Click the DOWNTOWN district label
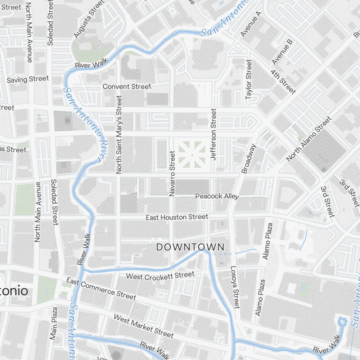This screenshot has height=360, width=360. pos(190,247)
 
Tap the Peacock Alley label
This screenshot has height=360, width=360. pos(217,196)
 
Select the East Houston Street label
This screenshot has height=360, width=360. pos(177,217)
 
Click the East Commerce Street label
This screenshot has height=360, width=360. pos(101,289)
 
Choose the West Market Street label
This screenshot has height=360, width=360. pos(143,326)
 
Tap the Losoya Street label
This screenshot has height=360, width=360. pos(235,287)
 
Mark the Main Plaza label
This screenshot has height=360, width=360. pos(54,323)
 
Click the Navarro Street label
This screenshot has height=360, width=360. pos(172,174)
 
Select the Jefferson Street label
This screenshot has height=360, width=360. pos(214,135)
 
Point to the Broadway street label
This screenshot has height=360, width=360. pos(249,159)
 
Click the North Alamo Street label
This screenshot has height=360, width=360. pos(309,139)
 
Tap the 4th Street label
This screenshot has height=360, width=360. pos(283,82)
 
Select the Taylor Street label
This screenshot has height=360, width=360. pos(248,80)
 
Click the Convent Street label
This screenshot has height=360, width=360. pos(127,86)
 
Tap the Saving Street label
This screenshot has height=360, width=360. pos(28,79)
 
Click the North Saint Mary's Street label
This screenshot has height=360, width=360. pos(119,135)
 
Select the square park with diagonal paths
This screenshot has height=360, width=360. pos(192,154)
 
